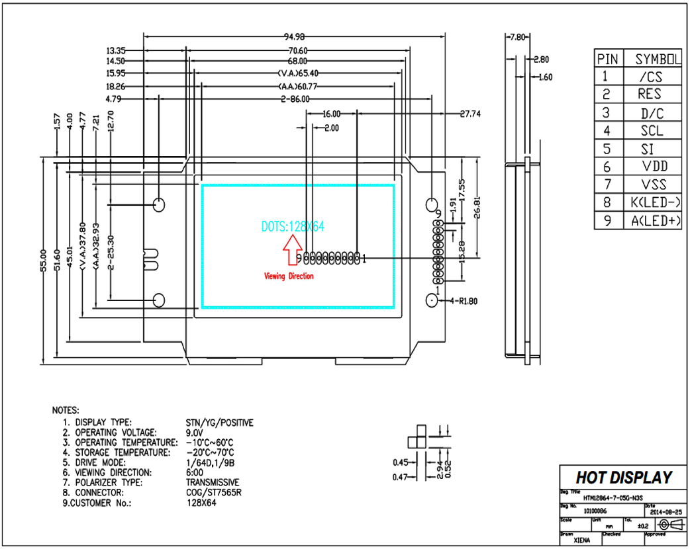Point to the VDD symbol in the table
pyautogui.click(x=654, y=166)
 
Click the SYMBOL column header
pyautogui.click(x=658, y=59)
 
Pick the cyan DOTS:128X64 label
pyautogui.click(x=293, y=226)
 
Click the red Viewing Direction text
pyautogui.click(x=289, y=276)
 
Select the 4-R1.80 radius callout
pyautogui.click(x=464, y=301)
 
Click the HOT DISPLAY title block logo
pyautogui.click(x=623, y=478)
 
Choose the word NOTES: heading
pyautogui.click(x=66, y=410)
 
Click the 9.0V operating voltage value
pyautogui.click(x=195, y=432)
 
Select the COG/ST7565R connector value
pyautogui.click(x=213, y=492)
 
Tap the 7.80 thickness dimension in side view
pyautogui.click(x=516, y=38)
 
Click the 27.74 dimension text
pyautogui.click(x=470, y=114)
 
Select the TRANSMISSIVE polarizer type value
pyautogui.click(x=213, y=482)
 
